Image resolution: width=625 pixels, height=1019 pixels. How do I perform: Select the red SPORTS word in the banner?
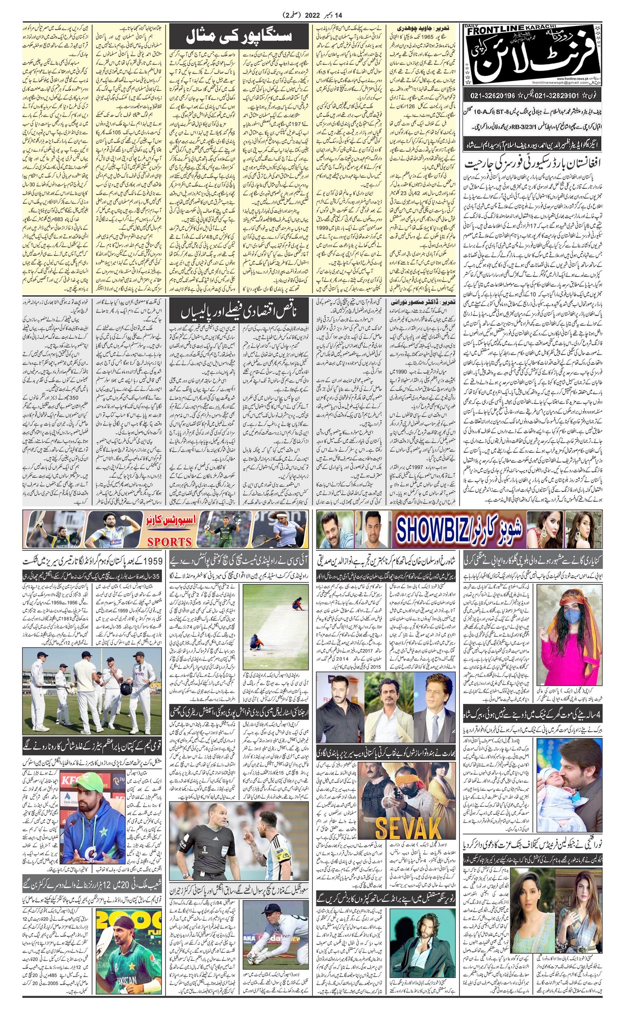170,542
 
